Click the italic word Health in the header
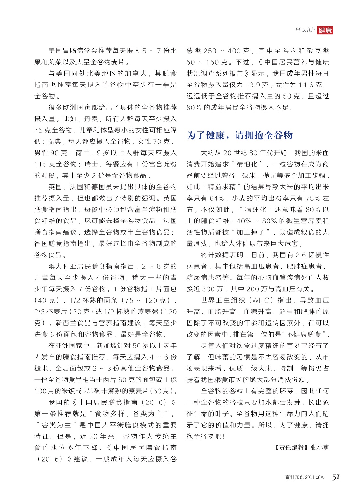point(305,30)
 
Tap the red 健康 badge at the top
point(325,30)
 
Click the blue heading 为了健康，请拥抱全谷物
point(239,135)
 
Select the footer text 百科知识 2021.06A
point(304,477)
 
